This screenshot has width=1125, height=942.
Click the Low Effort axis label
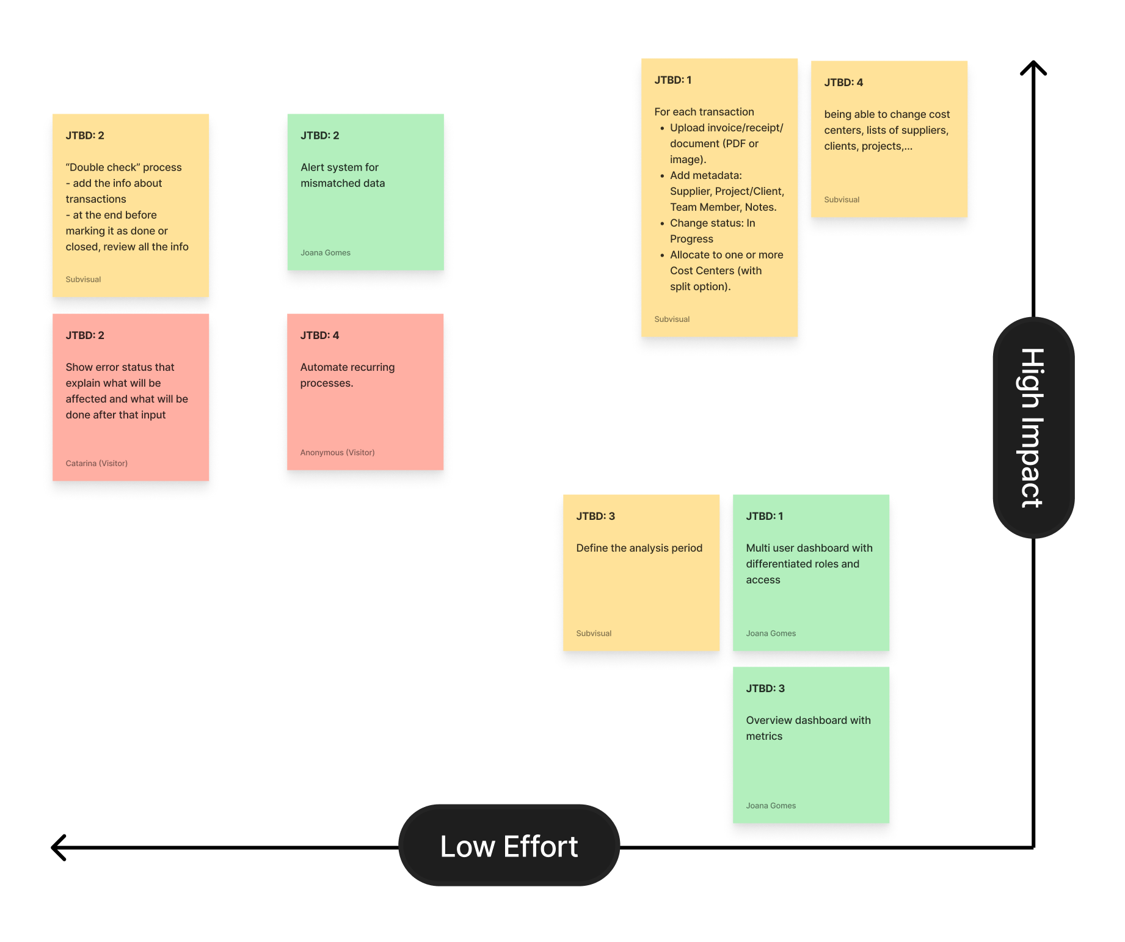pos(509,846)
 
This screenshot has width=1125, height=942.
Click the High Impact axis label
pos(1033,428)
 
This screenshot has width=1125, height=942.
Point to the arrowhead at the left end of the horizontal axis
pos(59,847)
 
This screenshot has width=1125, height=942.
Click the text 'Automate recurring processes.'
pos(347,375)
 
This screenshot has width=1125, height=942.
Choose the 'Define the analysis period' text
pos(639,548)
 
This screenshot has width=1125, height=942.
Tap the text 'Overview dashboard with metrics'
pos(808,728)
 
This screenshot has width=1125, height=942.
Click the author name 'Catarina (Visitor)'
pos(96,464)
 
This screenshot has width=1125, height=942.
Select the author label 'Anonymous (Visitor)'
pos(337,453)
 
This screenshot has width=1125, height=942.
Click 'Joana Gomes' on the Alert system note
pos(325,253)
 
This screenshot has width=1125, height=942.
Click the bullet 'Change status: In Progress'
pos(712,231)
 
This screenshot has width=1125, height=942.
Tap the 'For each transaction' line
pos(704,112)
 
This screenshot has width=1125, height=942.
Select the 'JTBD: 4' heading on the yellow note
pos(843,82)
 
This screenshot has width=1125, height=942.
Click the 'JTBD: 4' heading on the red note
pos(319,335)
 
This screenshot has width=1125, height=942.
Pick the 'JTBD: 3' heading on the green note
pos(765,688)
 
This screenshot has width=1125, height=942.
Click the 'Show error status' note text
pos(126,391)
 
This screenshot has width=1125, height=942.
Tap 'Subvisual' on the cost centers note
pos(842,200)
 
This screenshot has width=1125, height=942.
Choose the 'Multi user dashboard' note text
pos(809,564)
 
